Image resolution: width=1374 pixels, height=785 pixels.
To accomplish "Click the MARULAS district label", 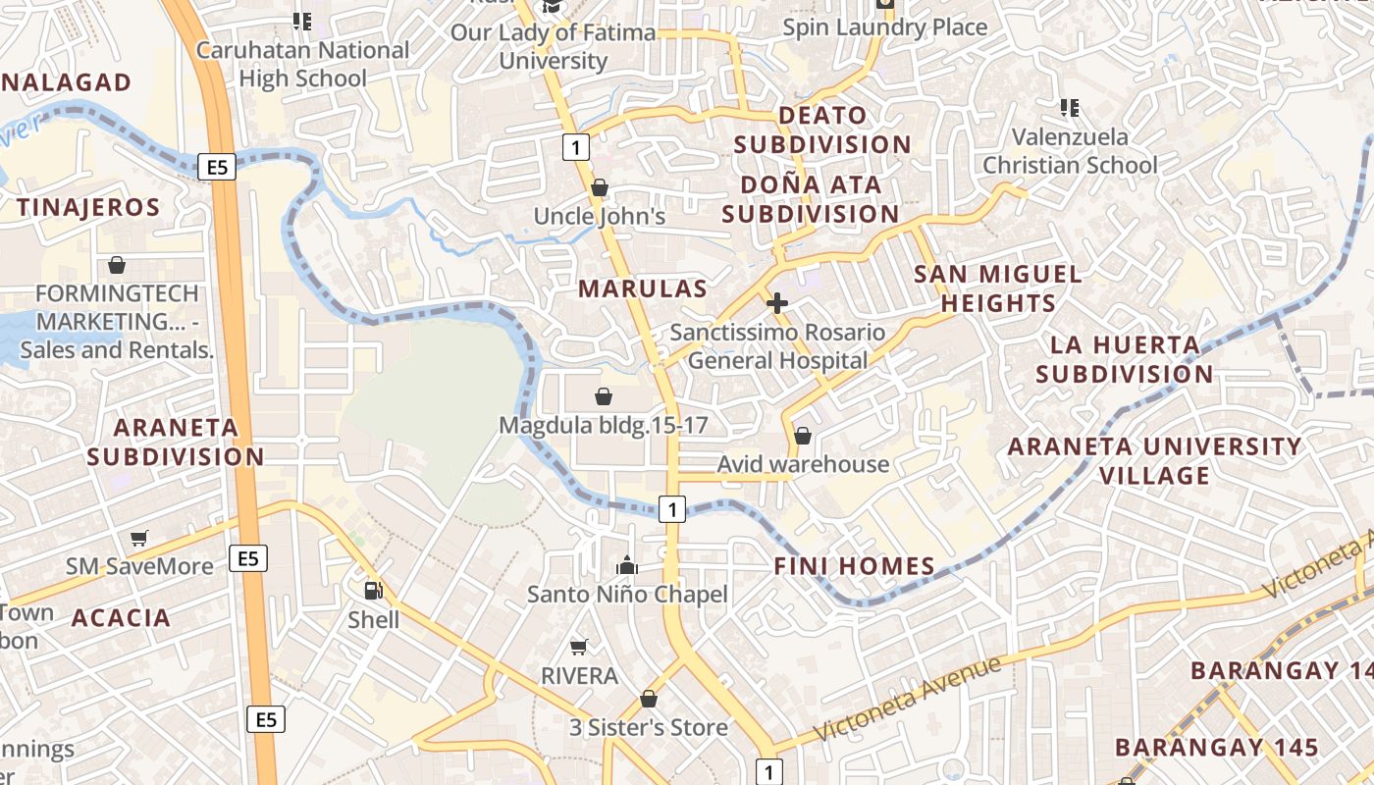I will pyautogui.click(x=642, y=288).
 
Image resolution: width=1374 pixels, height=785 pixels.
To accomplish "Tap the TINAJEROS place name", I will pyautogui.click(x=87, y=208).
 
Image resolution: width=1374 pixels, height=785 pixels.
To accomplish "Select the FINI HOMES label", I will pyautogui.click(x=854, y=566).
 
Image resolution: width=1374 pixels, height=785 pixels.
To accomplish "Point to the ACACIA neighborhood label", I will pyautogui.click(x=121, y=618).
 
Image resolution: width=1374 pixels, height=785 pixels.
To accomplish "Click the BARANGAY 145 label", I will pyautogui.click(x=1217, y=747).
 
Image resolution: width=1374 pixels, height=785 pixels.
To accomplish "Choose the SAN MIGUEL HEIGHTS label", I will pyautogui.click(x=998, y=288).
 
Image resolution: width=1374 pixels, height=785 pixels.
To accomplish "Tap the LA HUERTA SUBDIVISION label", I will pyautogui.click(x=1125, y=359).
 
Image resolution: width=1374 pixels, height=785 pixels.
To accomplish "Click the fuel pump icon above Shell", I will pyautogui.click(x=373, y=590).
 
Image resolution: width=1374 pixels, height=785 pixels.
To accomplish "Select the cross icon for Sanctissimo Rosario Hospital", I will pyautogui.click(x=776, y=303).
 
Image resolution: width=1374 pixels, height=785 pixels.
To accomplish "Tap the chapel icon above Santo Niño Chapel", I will pyautogui.click(x=627, y=565).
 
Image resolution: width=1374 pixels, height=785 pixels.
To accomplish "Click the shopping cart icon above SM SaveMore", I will pyautogui.click(x=139, y=538).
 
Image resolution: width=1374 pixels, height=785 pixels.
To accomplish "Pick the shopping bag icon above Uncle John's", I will pyautogui.click(x=600, y=186).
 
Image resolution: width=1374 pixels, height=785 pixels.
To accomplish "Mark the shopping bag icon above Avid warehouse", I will pyautogui.click(x=803, y=435).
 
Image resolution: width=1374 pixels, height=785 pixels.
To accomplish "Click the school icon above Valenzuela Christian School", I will pyautogui.click(x=1070, y=107).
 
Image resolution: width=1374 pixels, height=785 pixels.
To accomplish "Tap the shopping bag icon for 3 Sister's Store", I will pyautogui.click(x=649, y=699).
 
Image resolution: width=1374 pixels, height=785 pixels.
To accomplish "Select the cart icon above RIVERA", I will pyautogui.click(x=579, y=647).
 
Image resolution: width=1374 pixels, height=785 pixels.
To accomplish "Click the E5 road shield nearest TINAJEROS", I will pyautogui.click(x=217, y=167).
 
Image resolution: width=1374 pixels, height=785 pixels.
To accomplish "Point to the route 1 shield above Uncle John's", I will pyautogui.click(x=575, y=147).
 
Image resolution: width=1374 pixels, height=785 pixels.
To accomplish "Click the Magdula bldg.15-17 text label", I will pyautogui.click(x=603, y=426).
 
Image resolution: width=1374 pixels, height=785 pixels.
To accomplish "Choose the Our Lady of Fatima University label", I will pyautogui.click(x=554, y=46).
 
